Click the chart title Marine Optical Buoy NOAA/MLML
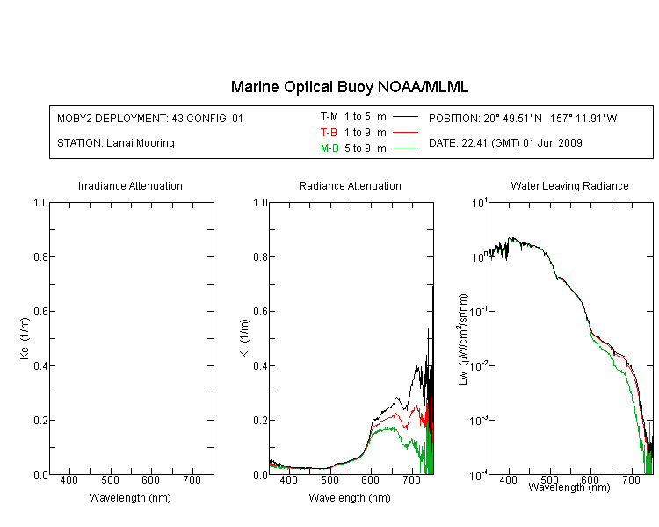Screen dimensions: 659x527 click(349, 87)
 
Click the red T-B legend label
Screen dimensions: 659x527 click(329, 133)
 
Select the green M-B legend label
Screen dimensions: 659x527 click(329, 148)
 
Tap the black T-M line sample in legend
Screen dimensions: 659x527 click(405, 117)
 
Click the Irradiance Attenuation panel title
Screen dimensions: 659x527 click(130, 185)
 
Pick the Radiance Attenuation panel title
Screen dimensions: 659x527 click(350, 185)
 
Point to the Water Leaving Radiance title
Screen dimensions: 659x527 click(569, 185)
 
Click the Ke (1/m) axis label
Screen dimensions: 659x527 click(25, 339)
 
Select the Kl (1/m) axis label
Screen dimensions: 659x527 click(244, 339)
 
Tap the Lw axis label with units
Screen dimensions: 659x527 click(463, 340)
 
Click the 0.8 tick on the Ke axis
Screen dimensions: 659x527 click(40, 256)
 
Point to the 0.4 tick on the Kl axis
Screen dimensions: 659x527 click(261, 366)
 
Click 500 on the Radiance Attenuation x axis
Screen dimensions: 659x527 click(329, 480)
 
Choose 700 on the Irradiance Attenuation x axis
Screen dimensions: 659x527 click(192, 480)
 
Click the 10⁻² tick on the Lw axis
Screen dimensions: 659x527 click(479, 366)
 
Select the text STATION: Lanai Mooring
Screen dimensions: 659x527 click(116, 143)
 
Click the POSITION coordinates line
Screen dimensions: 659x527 click(523, 119)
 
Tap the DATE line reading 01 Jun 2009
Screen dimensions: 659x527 click(505, 143)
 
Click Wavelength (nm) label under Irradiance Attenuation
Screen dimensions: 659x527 click(130, 498)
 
